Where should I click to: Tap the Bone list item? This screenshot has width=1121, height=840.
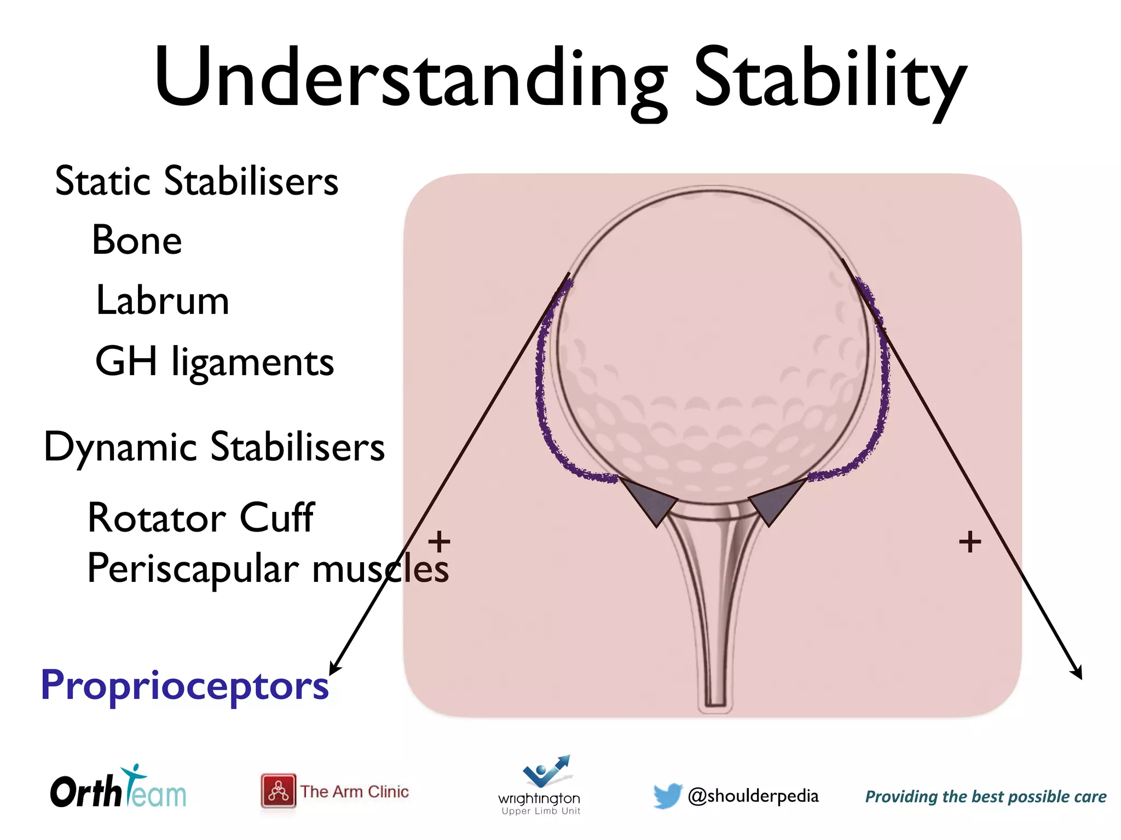tap(137, 241)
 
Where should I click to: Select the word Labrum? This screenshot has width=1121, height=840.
tap(162, 301)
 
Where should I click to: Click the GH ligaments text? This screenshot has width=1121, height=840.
tap(214, 363)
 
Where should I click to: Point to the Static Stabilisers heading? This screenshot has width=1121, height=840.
tap(197, 181)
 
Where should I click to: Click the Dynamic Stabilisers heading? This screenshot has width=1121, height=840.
tap(214, 447)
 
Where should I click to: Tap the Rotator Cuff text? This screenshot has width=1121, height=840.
tap(201, 518)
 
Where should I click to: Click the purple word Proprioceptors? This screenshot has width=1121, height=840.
tap(185, 685)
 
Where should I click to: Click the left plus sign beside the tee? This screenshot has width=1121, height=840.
tap(439, 542)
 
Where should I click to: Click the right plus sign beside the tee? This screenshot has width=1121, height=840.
tap(970, 542)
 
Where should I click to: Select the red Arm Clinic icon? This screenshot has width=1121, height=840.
tap(278, 791)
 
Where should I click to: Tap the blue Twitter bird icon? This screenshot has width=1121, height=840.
tap(667, 795)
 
